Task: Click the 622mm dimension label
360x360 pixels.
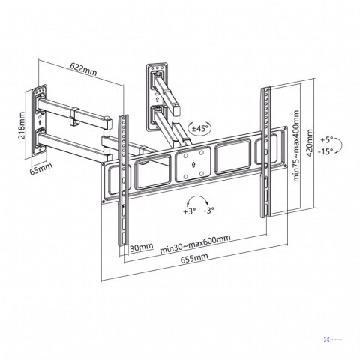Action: pyautogui.click(x=83, y=68)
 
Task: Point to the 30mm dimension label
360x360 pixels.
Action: pyautogui.click(x=141, y=247)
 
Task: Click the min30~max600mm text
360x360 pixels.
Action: pyautogui.click(x=195, y=244)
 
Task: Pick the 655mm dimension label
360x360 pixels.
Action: pyautogui.click(x=194, y=258)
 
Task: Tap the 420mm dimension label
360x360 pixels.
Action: pyautogui.click(x=310, y=143)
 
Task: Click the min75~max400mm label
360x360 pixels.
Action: pyautogui.click(x=296, y=146)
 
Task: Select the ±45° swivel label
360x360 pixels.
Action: pyautogui.click(x=199, y=129)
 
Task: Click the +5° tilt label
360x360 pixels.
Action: pyautogui.click(x=327, y=140)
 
